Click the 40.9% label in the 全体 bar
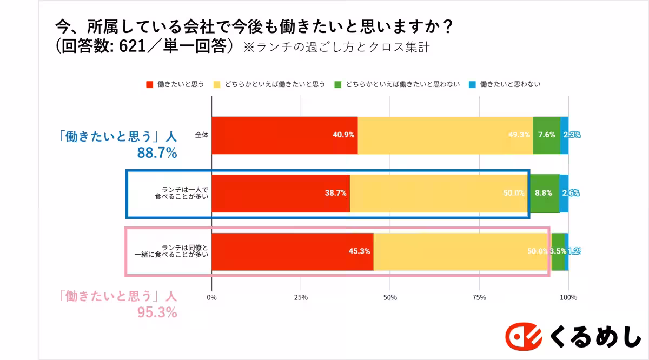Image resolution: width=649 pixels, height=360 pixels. [x=343, y=135]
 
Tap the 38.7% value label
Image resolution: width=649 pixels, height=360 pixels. [x=335, y=193]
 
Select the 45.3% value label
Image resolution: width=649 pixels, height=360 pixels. [x=359, y=251]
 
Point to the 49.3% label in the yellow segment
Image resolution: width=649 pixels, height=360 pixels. [x=519, y=135]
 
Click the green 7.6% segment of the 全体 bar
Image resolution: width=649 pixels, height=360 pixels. [x=546, y=135]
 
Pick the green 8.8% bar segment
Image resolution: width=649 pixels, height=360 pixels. [x=544, y=193]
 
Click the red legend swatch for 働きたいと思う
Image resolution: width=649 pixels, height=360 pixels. [x=150, y=84]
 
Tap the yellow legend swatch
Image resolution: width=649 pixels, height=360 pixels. [x=217, y=84]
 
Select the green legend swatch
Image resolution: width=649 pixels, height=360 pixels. [x=338, y=84]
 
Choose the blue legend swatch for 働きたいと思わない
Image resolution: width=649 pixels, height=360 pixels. [x=472, y=84]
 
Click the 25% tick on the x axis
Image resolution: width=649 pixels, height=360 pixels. [x=301, y=297]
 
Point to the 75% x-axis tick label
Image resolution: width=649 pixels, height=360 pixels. [x=479, y=297]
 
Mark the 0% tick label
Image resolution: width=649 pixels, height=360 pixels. [x=212, y=297]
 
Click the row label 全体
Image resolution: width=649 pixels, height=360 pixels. [x=202, y=135]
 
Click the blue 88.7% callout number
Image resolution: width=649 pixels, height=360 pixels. [x=157, y=154]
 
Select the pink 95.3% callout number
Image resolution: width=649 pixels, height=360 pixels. [x=157, y=312]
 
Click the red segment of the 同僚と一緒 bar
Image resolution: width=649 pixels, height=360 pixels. [x=292, y=251]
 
